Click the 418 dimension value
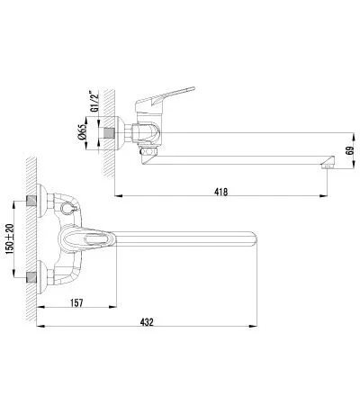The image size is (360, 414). [221, 192]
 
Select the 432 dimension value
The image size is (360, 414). [147, 322]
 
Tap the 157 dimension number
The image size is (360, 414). [76, 302]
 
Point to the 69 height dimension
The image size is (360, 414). [350, 150]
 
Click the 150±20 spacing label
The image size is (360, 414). [10, 239]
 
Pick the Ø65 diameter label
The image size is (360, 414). [82, 132]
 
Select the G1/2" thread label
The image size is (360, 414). [94, 101]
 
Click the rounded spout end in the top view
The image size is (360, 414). [253, 239]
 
